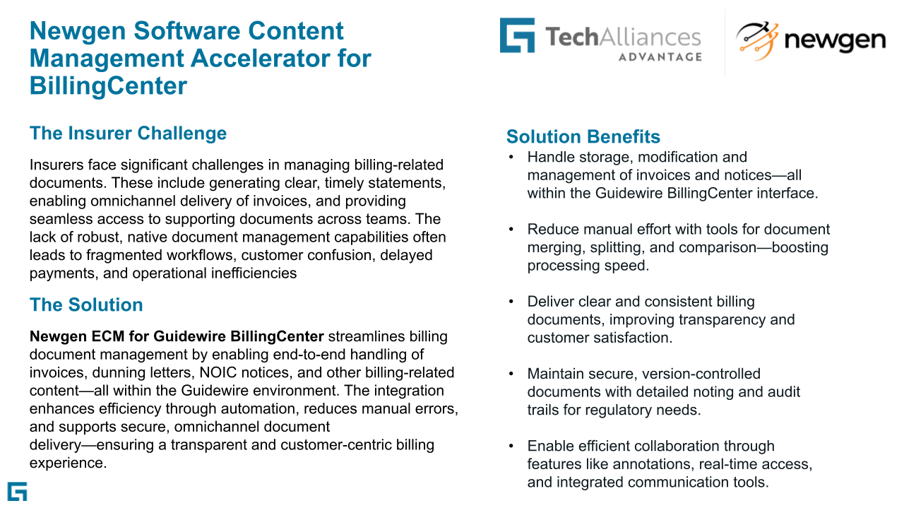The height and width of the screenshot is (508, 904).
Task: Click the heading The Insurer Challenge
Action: click(x=128, y=134)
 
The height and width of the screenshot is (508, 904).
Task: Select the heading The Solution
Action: click(x=86, y=305)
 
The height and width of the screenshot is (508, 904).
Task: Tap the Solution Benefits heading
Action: click(x=583, y=136)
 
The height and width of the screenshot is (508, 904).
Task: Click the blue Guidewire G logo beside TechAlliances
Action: click(x=517, y=35)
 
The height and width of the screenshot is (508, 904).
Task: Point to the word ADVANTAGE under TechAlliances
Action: click(x=660, y=57)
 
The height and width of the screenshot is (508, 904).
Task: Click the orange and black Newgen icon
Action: click(x=756, y=41)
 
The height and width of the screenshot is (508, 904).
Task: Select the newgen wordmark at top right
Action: click(x=835, y=41)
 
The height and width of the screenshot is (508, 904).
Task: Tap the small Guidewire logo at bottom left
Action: click(x=17, y=492)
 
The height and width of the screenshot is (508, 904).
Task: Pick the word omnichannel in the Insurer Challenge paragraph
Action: click(x=135, y=201)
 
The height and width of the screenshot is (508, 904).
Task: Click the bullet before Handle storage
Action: click(x=511, y=157)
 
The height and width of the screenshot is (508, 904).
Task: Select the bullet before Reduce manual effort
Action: click(x=511, y=230)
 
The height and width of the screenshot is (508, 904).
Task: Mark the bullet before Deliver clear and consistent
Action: click(x=511, y=302)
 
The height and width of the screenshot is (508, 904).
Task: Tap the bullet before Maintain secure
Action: click(x=511, y=374)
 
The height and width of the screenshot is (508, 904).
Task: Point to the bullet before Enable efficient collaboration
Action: click(x=511, y=447)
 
